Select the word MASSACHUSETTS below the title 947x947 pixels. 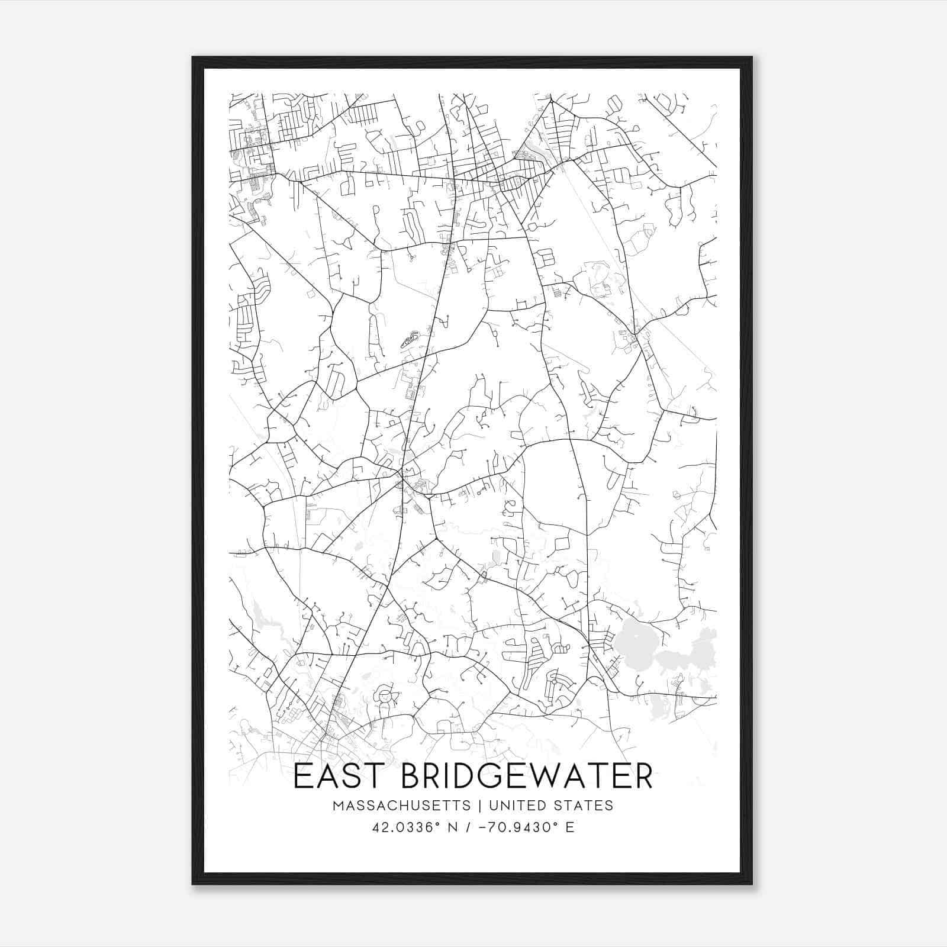point(402,806)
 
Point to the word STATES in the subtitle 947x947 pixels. point(584,806)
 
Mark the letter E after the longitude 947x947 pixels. point(570,827)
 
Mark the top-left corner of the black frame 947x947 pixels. point(192,57)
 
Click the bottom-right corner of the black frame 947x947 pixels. point(752,884)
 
